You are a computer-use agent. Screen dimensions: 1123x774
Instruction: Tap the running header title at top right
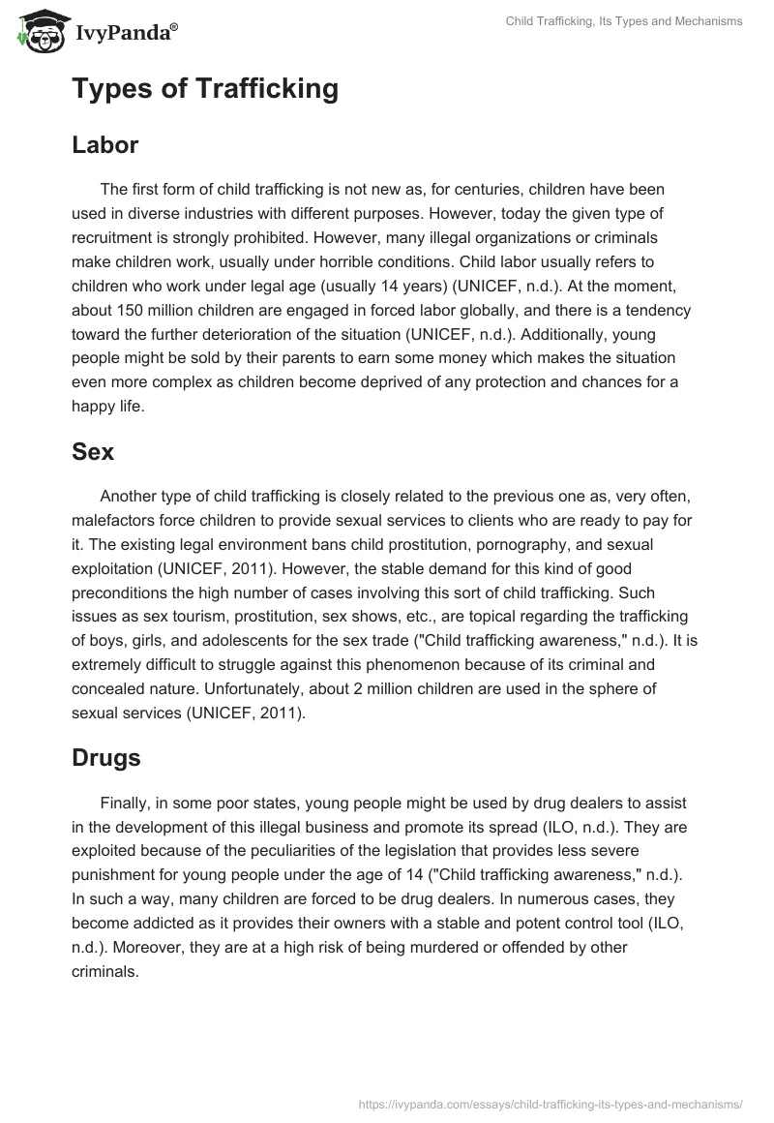coord(624,21)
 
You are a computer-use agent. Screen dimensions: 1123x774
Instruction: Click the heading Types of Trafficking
coord(205,89)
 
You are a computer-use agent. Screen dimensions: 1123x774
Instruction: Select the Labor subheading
coord(105,145)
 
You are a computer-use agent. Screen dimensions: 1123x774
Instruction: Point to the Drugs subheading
coord(106,757)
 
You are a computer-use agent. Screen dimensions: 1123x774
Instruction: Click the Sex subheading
coord(93,451)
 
